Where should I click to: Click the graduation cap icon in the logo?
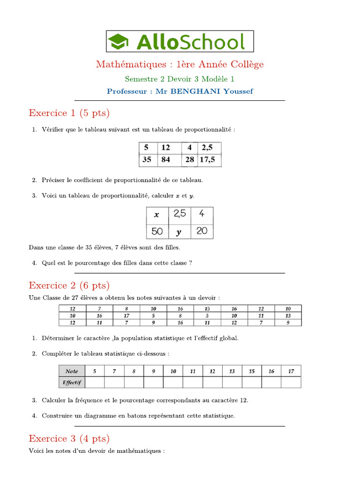click(120, 41)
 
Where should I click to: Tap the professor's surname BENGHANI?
click(196, 91)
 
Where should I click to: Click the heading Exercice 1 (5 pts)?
click(69, 113)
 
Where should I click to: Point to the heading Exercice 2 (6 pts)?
click(69, 285)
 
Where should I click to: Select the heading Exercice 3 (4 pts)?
click(69, 439)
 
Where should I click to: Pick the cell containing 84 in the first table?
click(166, 160)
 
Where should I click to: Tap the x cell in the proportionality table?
click(157, 215)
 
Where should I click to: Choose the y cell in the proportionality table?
click(179, 232)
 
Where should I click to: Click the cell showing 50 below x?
click(157, 232)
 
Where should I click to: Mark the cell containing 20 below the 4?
click(202, 231)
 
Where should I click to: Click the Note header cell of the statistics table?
click(72, 371)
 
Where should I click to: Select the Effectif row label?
click(72, 382)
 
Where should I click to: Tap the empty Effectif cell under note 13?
click(232, 382)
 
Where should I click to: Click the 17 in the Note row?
click(291, 371)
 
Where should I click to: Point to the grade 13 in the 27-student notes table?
click(288, 315)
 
